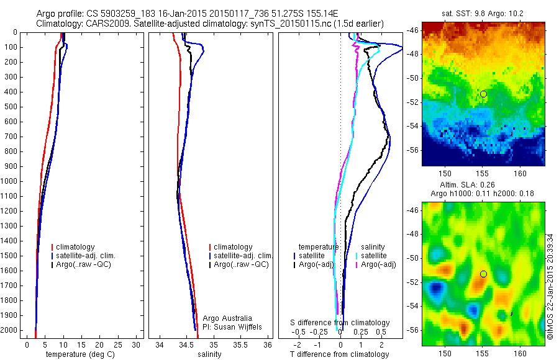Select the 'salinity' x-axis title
click(209, 354)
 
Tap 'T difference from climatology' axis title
click(339, 354)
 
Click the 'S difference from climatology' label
click(340, 323)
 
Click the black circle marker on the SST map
click(483, 94)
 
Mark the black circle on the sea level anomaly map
click(483, 274)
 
